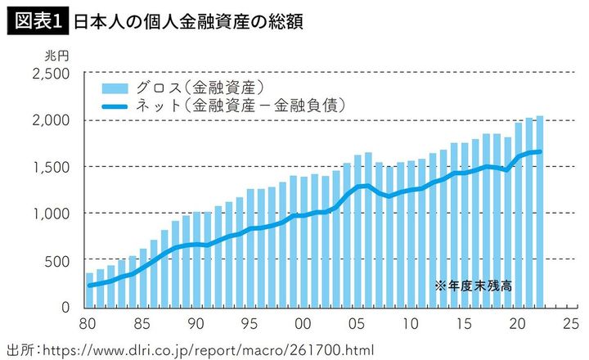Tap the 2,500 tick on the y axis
(x=52, y=74)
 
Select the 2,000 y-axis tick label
(x=52, y=120)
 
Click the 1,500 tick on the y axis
(x=52, y=167)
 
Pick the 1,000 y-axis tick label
(x=52, y=214)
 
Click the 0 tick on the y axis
(x=67, y=308)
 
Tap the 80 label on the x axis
(x=88, y=322)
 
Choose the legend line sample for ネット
(x=115, y=106)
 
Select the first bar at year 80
(x=89, y=290)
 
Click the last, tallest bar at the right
(x=539, y=211)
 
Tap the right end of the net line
(x=540, y=151)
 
